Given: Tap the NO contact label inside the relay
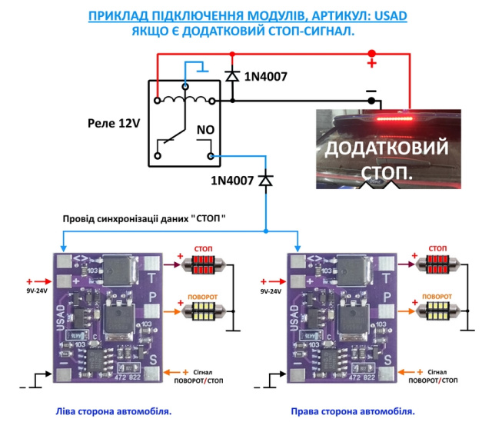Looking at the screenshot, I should (x=205, y=130).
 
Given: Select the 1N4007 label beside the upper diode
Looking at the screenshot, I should (x=265, y=76).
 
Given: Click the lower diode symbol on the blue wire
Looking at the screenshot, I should (x=266, y=180).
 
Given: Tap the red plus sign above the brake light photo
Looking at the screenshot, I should (x=371, y=63).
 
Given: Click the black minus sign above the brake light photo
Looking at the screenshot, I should (x=371, y=91).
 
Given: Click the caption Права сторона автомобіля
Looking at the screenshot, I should (x=353, y=411).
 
